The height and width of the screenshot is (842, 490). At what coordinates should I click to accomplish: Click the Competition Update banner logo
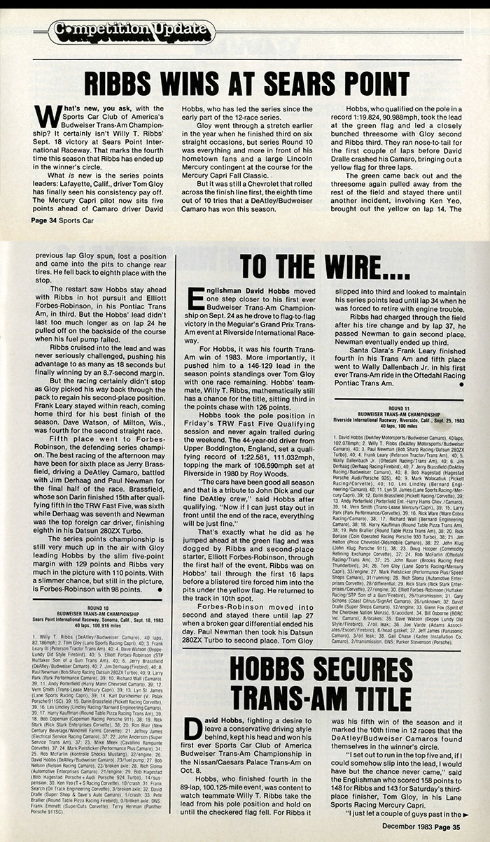(x=127, y=29)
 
